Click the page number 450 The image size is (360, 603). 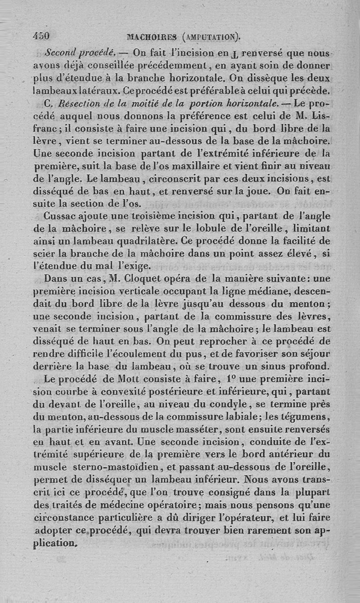(41, 36)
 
